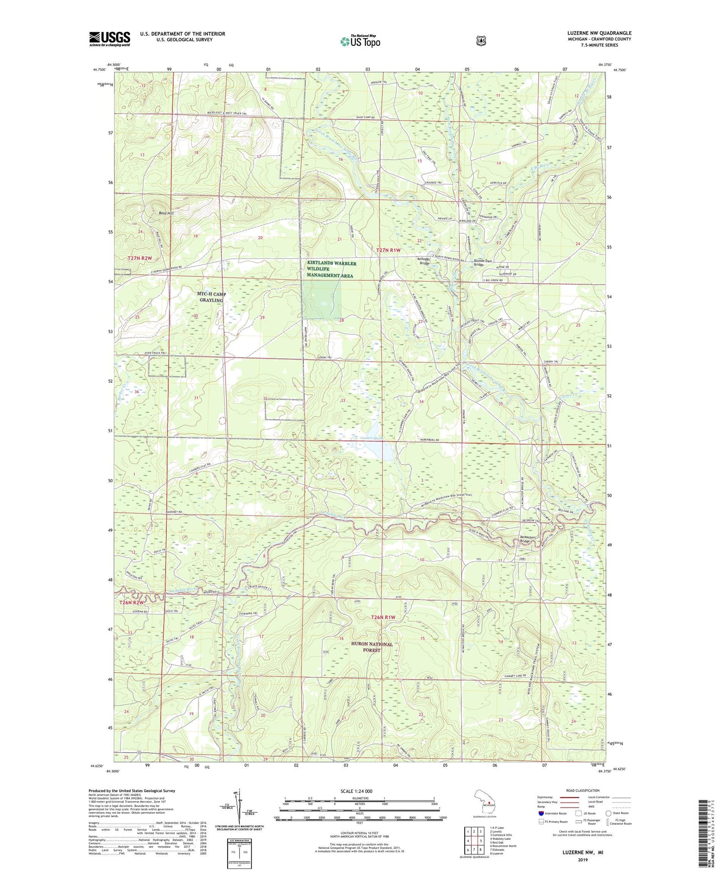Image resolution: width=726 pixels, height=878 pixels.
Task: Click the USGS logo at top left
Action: [x=110, y=39]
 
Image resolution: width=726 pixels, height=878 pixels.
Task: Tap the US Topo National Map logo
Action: [x=359, y=41]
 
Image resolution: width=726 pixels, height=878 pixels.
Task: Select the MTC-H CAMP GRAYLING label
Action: [x=211, y=297]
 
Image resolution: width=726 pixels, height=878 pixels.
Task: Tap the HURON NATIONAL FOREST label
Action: [x=359, y=647]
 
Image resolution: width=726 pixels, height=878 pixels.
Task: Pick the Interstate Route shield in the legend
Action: [x=541, y=813]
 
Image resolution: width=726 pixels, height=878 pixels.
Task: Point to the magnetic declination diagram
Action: [x=240, y=808]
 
